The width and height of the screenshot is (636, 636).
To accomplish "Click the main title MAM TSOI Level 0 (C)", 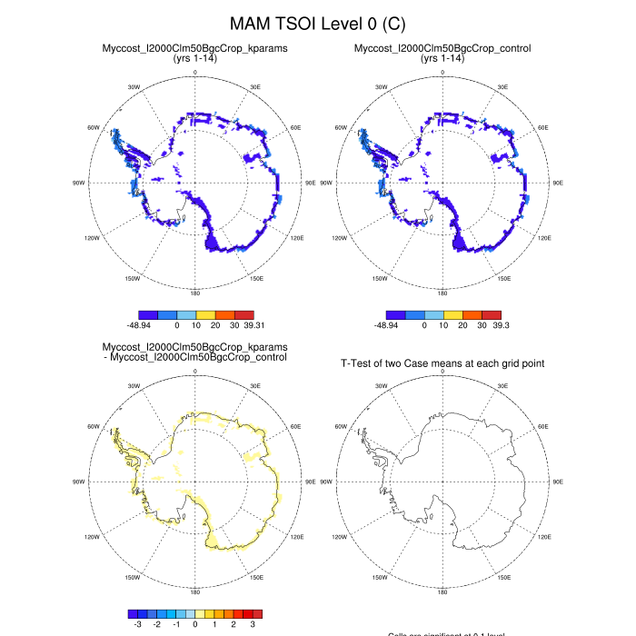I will coord(317,22).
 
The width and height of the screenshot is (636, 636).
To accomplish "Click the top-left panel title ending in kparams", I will coord(194,48).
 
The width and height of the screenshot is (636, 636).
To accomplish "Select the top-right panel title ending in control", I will coord(442,48).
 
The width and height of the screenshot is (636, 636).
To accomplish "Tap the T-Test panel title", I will coord(442,363).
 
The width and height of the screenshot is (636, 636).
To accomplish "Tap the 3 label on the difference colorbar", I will coord(253,624).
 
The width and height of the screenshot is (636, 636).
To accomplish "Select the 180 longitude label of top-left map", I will coord(194,293).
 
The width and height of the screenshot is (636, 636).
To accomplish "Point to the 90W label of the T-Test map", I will coord(326,482).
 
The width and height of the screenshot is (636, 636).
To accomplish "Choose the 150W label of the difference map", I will coord(133,578).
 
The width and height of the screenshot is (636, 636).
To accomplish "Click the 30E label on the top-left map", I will coord(255,87).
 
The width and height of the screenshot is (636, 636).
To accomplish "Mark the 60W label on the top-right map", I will coord(341,127).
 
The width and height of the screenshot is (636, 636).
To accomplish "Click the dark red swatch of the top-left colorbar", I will coord(241,313).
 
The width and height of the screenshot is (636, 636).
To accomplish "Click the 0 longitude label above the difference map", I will coord(194,371).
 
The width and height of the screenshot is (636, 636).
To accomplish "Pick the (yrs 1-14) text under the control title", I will coord(442,59).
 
